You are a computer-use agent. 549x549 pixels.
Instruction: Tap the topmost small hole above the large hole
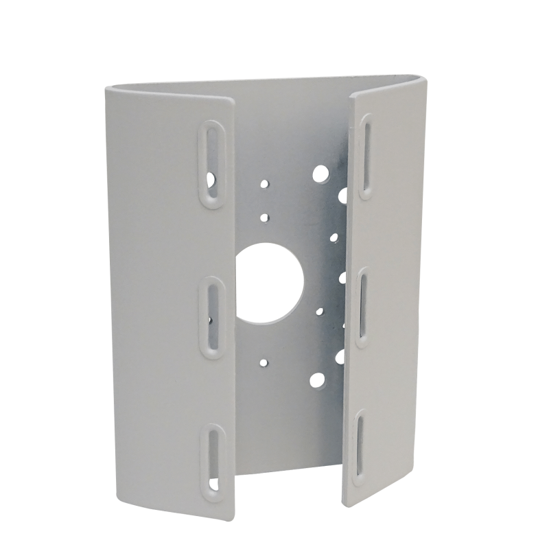point(264,184)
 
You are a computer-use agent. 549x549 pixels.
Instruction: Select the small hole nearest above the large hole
point(265,217)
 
